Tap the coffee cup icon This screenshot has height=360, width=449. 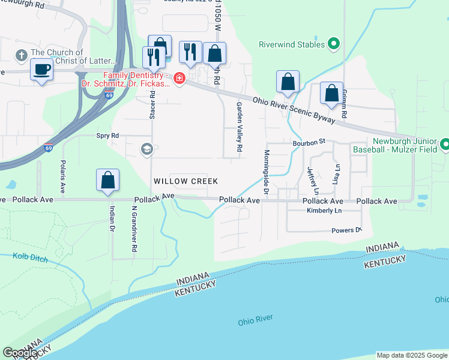coord(41,70)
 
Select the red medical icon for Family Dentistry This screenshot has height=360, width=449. coord(179,78)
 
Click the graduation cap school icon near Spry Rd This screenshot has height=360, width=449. coord(146,148)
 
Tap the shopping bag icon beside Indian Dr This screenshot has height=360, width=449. coord(107,180)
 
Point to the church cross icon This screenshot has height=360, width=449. coord(21,56)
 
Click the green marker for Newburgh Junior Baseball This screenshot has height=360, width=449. coord(445,145)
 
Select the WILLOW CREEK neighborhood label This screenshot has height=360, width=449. coord(185,181)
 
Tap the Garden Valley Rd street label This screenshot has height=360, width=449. coord(239,126)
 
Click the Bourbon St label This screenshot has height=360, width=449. coord(309,142)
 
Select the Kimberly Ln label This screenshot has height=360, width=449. coord(324,211)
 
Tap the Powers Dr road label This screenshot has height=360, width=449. coord(346,230)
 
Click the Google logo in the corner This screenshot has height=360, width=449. coord(20,353)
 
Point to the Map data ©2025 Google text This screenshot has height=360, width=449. coord(411,355)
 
